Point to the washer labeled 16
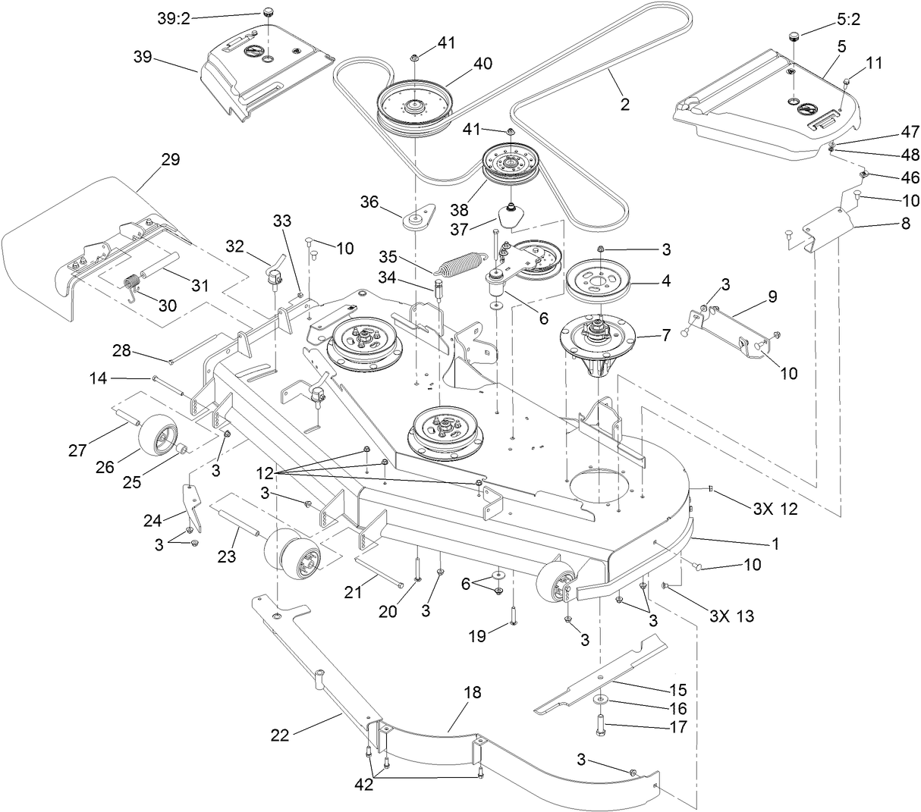tap(599, 701)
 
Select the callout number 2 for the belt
tap(624, 105)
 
